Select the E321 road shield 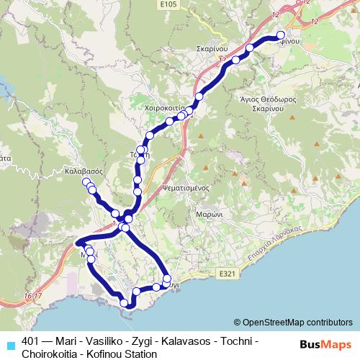227,274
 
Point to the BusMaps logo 327,344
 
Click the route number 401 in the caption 32,341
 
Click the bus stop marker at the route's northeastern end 281,35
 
